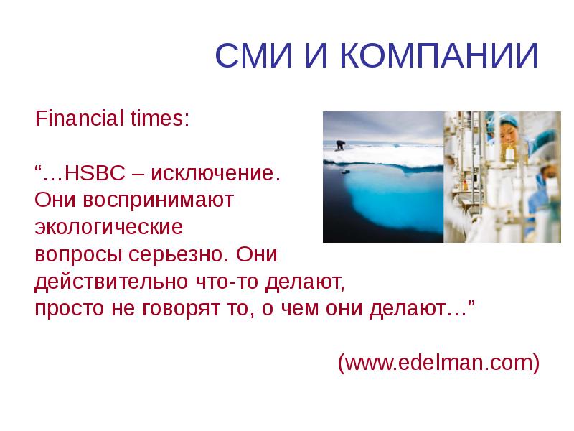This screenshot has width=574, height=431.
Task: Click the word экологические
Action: [x=110, y=228]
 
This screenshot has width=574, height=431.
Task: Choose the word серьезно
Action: [x=177, y=255]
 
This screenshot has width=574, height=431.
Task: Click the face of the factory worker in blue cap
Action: [x=506, y=135]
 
